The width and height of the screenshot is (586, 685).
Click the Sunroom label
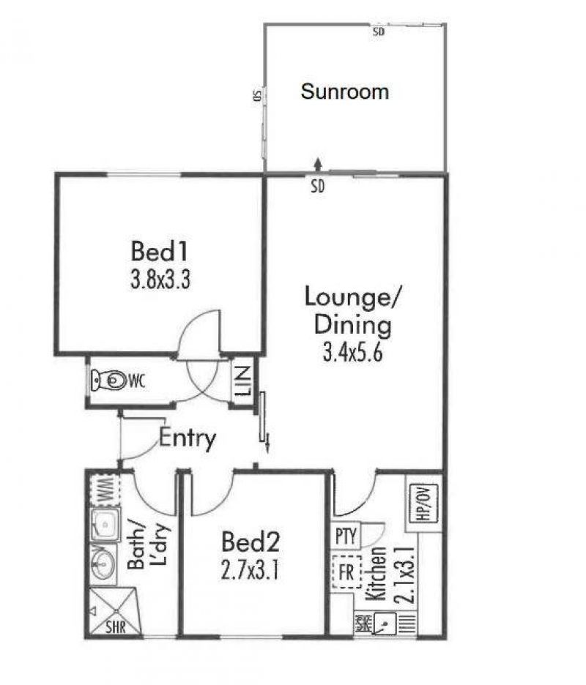pos(344,92)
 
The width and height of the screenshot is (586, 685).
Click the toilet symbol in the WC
pos(109,380)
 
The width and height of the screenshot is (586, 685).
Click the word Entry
pos(188,439)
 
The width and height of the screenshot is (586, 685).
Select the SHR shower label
pos(115,627)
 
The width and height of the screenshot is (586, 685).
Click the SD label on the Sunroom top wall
pos(379,32)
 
